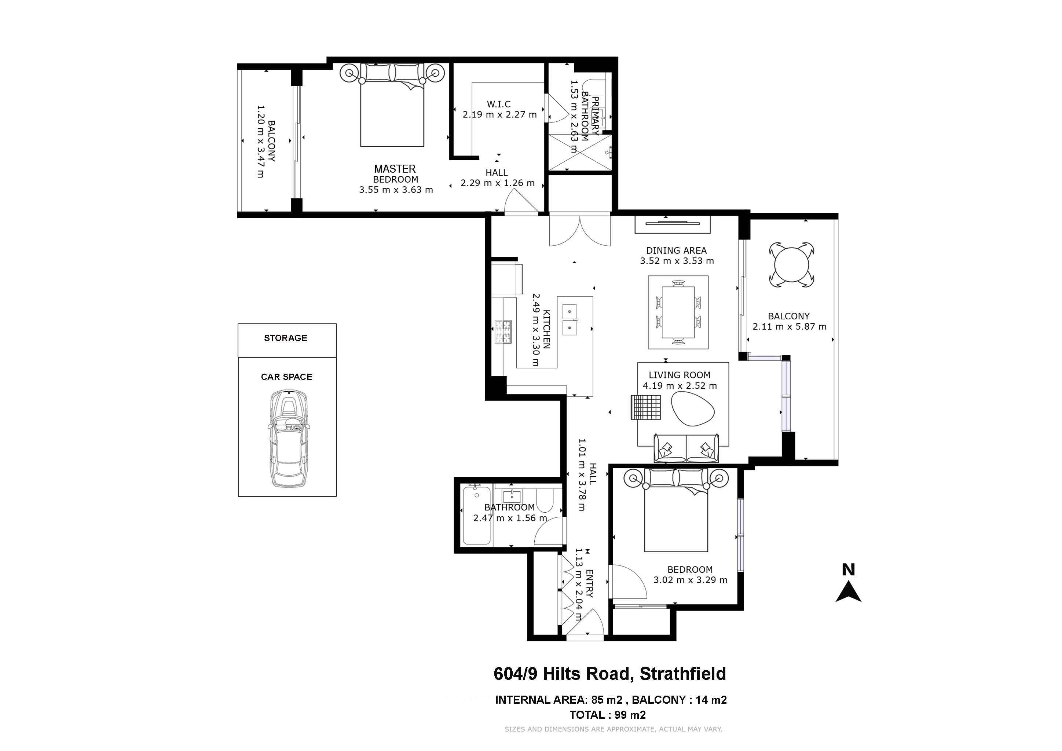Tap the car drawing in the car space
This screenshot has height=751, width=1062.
287,439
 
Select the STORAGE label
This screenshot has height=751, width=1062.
286,338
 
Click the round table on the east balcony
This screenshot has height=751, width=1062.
792,264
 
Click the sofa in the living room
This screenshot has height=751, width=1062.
686,448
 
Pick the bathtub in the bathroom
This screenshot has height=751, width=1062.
477,515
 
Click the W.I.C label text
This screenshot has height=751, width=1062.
499,105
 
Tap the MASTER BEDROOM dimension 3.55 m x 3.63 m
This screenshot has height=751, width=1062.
396,190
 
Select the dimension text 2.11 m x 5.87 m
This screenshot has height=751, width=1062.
790,326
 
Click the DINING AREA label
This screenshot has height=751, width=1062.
677,251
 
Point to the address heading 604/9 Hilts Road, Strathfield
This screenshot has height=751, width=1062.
609,674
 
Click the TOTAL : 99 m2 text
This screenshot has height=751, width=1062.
608,715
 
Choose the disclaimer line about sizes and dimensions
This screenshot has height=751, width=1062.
614,729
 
